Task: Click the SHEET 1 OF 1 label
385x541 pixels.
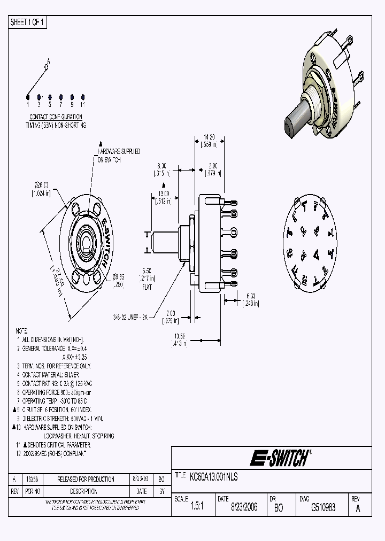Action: click(28, 22)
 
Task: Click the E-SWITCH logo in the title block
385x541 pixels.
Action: click(280, 458)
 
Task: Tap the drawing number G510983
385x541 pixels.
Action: click(323, 507)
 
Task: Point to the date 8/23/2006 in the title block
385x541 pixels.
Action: click(243, 507)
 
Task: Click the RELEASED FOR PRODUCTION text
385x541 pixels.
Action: click(86, 480)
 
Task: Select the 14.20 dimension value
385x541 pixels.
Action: click(209, 136)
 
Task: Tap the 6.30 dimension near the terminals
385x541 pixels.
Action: click(250, 295)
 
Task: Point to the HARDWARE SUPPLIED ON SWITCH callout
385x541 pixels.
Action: click(119, 155)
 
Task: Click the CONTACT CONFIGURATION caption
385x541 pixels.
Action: click(56, 117)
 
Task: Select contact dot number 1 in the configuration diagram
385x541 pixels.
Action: click(28, 97)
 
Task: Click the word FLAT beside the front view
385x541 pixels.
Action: click(147, 287)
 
